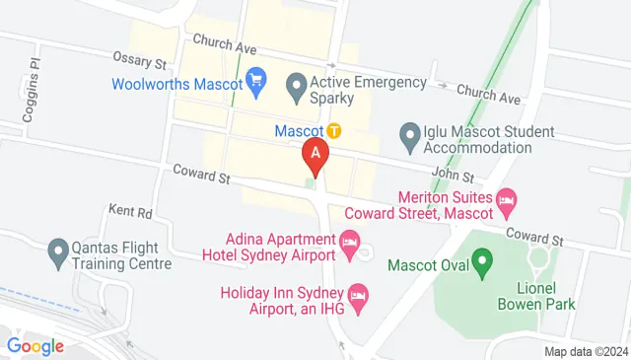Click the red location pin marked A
[315, 155]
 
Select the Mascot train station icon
[334, 130]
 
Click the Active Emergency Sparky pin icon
[295, 88]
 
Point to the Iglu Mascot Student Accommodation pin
[408, 133]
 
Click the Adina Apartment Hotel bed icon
[349, 242]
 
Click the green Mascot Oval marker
[482, 263]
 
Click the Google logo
[35, 346]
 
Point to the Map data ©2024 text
[587, 351]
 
